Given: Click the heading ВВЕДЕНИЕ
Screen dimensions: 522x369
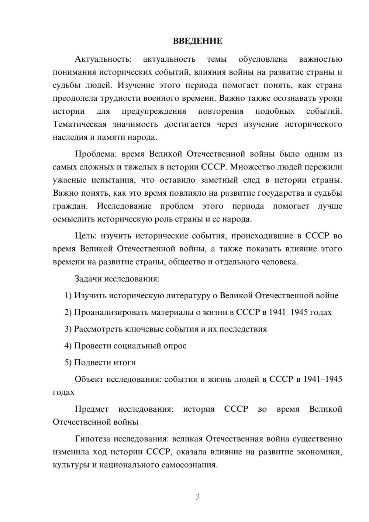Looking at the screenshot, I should [x=197, y=41].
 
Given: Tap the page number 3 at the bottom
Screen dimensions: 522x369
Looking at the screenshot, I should [x=197, y=497].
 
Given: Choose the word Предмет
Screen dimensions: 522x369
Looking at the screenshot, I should [x=92, y=409].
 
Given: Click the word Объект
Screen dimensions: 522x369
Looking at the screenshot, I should [x=89, y=379].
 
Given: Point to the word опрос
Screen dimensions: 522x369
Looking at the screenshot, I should [x=175, y=346].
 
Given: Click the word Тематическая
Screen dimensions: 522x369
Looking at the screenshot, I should [x=80, y=124].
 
